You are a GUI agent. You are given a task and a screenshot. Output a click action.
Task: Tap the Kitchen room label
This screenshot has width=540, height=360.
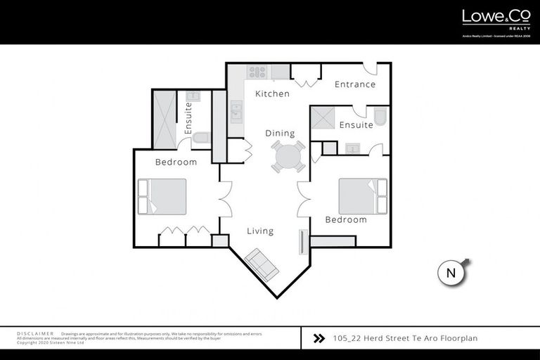[272, 94]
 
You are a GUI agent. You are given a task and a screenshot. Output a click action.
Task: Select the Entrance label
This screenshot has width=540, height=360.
[354, 84]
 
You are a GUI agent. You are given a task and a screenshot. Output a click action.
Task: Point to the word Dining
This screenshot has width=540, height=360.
[280, 133]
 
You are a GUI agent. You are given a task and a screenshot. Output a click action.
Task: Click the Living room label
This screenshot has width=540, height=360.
[260, 231]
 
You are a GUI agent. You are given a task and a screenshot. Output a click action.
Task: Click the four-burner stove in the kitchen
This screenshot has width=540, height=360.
[257, 71]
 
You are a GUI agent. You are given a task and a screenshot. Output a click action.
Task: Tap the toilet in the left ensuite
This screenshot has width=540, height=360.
[200, 138]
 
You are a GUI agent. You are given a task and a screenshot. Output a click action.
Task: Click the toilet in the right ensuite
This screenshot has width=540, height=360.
[380, 117]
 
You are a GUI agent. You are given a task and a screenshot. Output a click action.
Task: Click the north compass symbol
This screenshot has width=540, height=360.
[452, 273]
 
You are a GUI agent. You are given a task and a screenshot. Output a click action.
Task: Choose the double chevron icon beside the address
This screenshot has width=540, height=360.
[319, 338]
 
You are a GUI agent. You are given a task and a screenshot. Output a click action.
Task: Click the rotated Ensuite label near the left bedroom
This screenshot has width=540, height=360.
[188, 120]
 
